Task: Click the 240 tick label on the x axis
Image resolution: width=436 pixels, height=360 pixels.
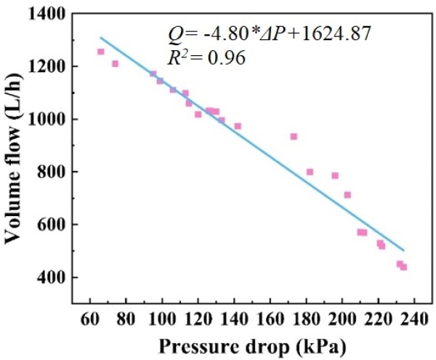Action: point(414,318)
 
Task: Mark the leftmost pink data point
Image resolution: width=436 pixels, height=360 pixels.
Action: point(101,52)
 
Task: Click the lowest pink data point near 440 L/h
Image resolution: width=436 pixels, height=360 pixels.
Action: point(403,267)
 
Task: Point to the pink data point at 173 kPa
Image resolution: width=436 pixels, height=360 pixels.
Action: point(294,137)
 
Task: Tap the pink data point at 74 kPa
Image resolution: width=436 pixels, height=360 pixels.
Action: point(115,64)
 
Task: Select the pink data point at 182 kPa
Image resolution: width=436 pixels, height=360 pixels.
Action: point(310,172)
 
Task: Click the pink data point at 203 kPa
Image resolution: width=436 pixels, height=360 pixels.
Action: point(347,195)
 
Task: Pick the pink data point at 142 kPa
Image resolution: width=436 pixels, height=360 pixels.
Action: point(238,126)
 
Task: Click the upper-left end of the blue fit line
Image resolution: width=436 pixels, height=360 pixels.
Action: point(101,38)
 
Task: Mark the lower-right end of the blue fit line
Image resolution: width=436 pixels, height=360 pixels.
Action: point(403,250)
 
